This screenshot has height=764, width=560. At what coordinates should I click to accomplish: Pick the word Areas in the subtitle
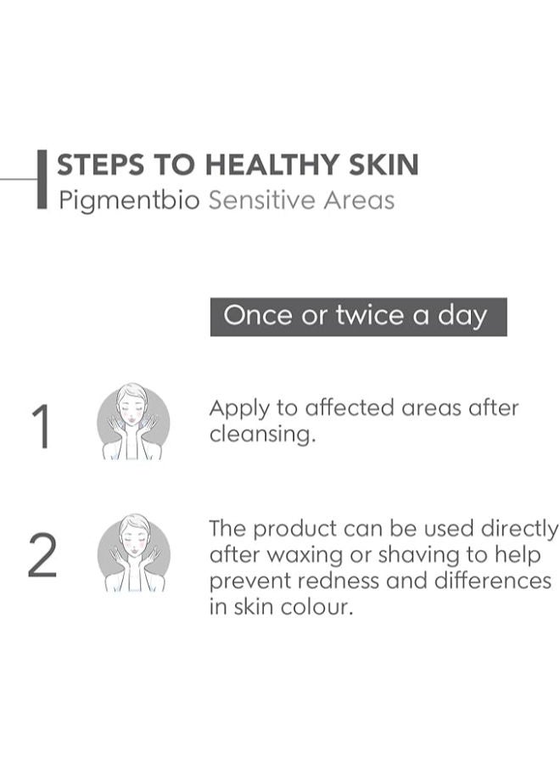point(361,201)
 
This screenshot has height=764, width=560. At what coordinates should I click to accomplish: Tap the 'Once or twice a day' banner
point(358,317)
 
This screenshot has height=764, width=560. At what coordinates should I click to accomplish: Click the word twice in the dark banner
point(369,317)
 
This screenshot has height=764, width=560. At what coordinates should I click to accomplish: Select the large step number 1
point(41,426)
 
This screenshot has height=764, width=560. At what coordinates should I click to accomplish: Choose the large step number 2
point(42,557)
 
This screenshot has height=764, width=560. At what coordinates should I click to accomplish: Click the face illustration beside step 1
point(132,422)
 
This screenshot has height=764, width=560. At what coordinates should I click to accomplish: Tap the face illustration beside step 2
point(133,553)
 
